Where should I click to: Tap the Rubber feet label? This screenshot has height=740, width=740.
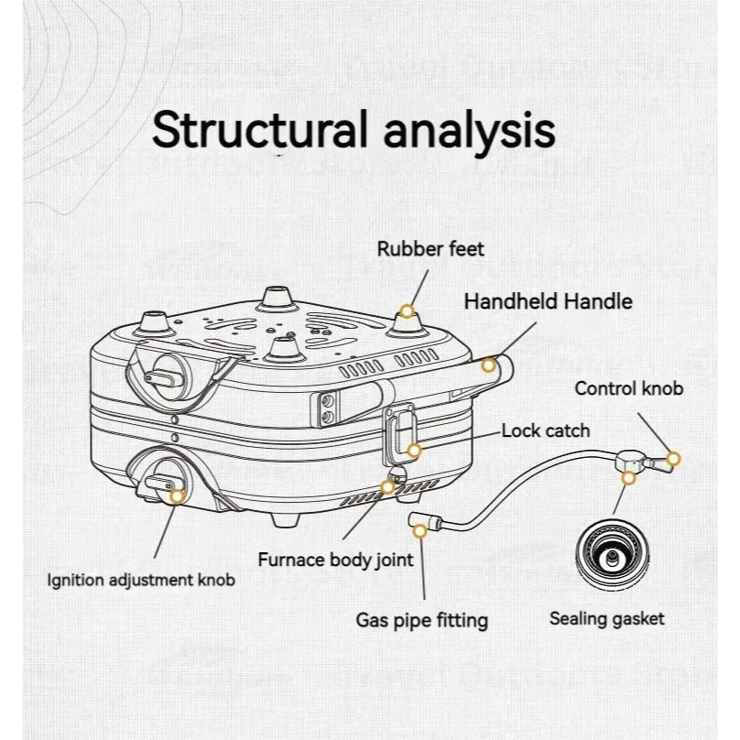click(x=430, y=248)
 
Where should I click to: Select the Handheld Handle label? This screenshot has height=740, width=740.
click(x=548, y=301)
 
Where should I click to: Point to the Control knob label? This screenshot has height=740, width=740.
click(x=628, y=389)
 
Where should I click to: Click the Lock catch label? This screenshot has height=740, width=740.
click(x=546, y=430)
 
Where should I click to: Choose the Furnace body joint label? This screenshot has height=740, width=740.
click(x=335, y=560)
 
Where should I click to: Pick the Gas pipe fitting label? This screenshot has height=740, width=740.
click(x=422, y=620)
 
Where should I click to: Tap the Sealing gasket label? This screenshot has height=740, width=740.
click(x=607, y=618)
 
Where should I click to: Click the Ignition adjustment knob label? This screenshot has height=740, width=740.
click(x=141, y=579)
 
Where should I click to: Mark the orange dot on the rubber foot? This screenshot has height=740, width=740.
click(x=407, y=310)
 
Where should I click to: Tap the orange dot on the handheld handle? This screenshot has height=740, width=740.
click(x=489, y=365)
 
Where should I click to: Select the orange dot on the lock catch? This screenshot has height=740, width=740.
click(x=415, y=450)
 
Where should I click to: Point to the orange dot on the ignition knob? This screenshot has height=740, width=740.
click(x=177, y=495)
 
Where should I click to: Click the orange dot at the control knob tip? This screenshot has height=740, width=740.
click(x=675, y=457)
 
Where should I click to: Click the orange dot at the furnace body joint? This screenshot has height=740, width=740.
click(x=388, y=486)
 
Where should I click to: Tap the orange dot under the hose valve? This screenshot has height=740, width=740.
click(x=628, y=477)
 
